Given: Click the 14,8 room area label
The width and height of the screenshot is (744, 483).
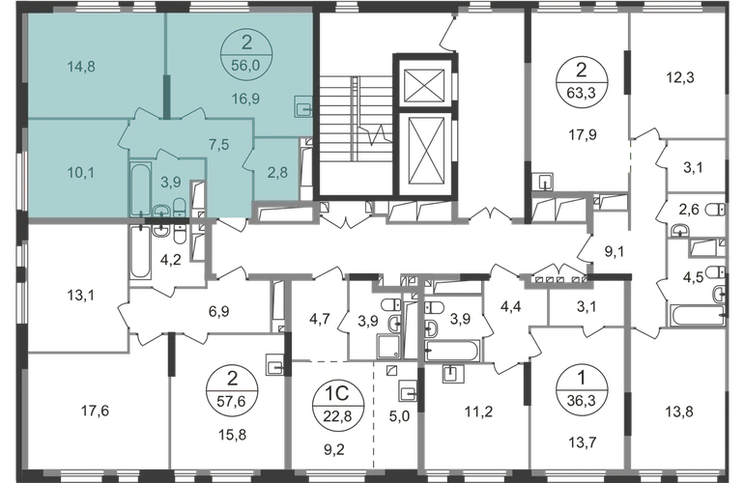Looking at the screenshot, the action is click(x=81, y=67).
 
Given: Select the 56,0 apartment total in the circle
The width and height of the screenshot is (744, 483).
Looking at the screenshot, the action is click(x=245, y=65).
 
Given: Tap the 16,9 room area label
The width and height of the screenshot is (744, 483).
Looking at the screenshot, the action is click(x=245, y=99).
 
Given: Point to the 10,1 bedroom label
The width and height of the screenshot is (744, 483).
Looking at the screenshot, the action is click(x=81, y=173).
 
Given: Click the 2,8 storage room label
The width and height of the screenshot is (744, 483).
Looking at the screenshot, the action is click(x=277, y=172).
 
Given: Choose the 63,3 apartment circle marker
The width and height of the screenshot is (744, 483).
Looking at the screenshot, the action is click(x=581, y=81).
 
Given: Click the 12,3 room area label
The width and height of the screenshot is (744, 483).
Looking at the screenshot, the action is click(x=680, y=77).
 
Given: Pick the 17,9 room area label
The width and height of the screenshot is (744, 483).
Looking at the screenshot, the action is click(x=583, y=134).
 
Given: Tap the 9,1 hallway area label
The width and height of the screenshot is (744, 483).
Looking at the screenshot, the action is click(x=614, y=251).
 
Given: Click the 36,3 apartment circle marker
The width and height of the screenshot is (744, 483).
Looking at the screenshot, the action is click(x=582, y=390).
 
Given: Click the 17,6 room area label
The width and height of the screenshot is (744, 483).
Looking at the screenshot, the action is click(x=95, y=411).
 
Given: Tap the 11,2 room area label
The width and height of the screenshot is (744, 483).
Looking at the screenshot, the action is click(x=478, y=412).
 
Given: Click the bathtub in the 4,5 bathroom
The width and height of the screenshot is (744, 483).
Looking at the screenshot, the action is click(x=697, y=315).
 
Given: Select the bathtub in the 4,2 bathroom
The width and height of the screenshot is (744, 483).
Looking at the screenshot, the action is click(x=140, y=252).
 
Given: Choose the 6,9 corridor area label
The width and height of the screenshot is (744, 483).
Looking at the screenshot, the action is click(x=218, y=311).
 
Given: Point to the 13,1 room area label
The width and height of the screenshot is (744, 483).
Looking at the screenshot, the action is click(x=80, y=296).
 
